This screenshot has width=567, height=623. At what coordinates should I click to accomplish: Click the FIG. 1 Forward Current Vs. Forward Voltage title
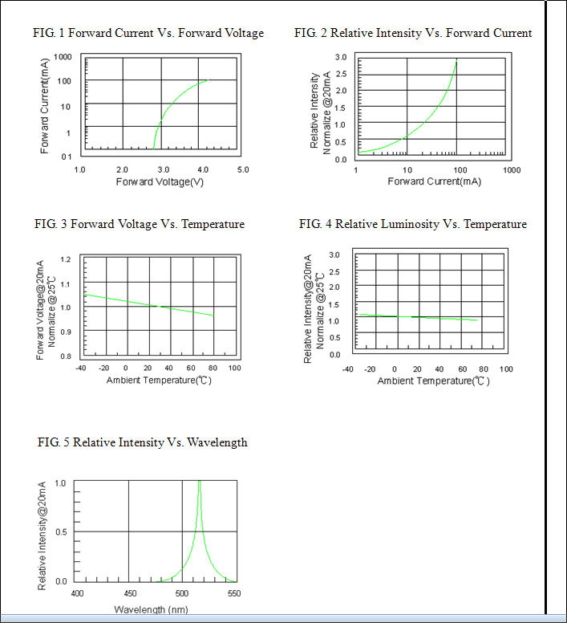pos(148,33)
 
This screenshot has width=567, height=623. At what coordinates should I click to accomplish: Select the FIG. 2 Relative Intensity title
pos(413,33)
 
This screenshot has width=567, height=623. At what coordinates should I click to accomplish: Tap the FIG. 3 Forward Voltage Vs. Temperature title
pos(140,224)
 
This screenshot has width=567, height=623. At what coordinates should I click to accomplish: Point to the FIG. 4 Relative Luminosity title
pos(413,224)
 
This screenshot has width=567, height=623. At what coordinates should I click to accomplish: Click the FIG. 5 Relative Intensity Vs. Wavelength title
pos(143,442)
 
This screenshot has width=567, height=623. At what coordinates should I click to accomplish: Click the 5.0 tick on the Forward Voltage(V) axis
pos(243,170)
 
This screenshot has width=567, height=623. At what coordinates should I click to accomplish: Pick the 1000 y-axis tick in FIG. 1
pos(63,58)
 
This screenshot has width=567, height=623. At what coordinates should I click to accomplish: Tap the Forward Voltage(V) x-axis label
pos(160,182)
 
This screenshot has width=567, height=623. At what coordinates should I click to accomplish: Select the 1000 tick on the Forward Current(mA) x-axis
pos(512,170)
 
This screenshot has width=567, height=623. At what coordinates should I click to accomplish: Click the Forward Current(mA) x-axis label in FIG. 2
pos(434,182)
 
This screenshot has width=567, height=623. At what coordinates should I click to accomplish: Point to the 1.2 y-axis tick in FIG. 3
pos(66,260)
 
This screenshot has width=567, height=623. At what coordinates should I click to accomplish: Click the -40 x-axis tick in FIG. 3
pos(80,368)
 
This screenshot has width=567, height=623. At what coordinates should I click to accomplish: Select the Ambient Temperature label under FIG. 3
pos(159,380)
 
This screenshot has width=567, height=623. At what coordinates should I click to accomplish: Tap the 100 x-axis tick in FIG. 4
pos(506,369)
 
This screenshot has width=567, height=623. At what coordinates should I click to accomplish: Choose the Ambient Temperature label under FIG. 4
pos(433,381)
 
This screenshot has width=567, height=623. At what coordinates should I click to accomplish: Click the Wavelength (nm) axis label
pos(151,609)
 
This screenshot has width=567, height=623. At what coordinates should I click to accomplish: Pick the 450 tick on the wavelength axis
pos(129,593)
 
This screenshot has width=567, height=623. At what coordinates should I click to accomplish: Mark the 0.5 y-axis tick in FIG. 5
pos(61,531)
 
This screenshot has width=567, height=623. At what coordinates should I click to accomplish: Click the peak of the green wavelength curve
pos(200,483)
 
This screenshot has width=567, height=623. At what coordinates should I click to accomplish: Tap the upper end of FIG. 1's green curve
pos(207,80)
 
